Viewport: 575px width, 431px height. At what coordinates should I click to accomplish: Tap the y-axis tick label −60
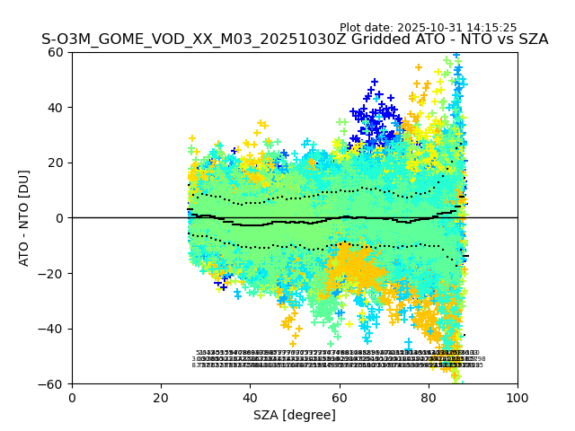click(53, 384)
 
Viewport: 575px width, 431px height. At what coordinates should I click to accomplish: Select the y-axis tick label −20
click(53, 274)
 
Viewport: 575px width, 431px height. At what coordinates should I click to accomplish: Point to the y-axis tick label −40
click(53, 329)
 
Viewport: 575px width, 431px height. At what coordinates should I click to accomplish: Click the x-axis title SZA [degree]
click(295, 415)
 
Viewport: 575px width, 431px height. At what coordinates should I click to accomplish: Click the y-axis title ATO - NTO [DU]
click(24, 218)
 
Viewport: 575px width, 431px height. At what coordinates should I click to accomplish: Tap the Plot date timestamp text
click(428, 28)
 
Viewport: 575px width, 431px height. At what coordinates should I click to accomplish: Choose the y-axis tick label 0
click(61, 218)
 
